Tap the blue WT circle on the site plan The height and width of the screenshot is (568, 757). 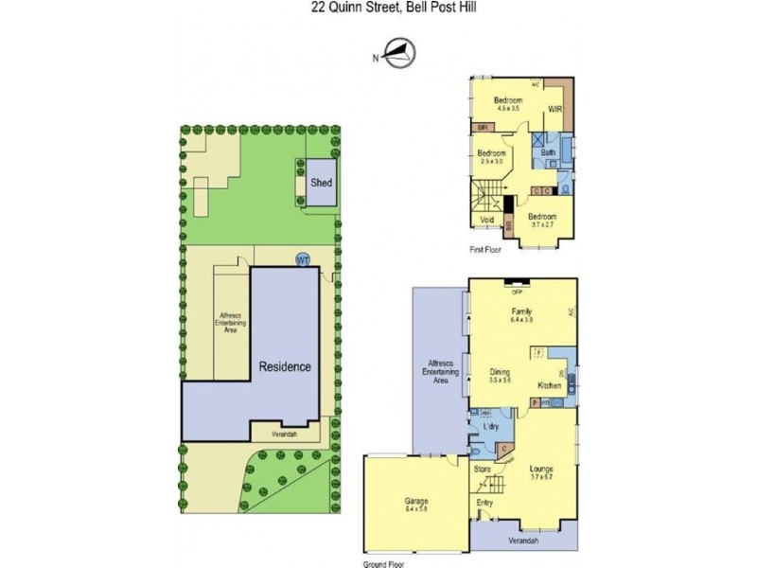(304, 259)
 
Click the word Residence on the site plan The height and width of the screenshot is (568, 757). (286, 366)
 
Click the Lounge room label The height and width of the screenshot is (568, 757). (541, 469)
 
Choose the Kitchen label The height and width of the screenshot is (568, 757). (550, 385)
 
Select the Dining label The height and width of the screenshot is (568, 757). (500, 371)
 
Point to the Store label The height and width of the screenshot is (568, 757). (483, 469)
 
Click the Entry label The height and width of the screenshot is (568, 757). (484, 503)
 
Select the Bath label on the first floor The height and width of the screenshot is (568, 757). (548, 151)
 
